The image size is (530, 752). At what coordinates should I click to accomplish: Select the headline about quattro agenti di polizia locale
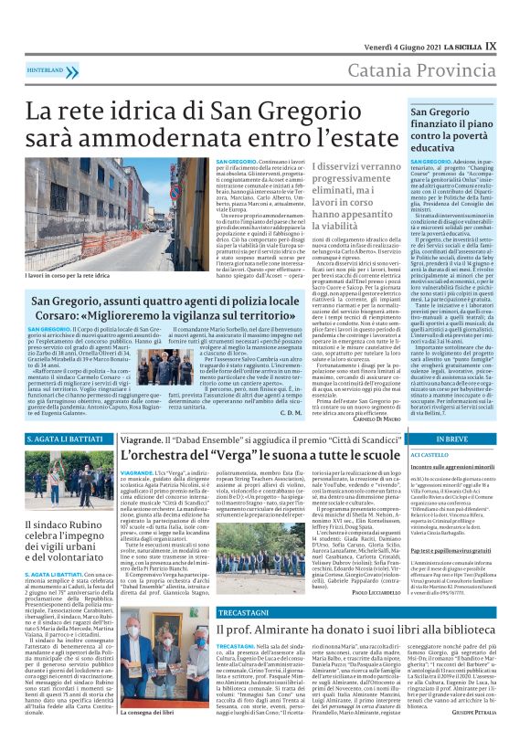[x=178, y=308]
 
